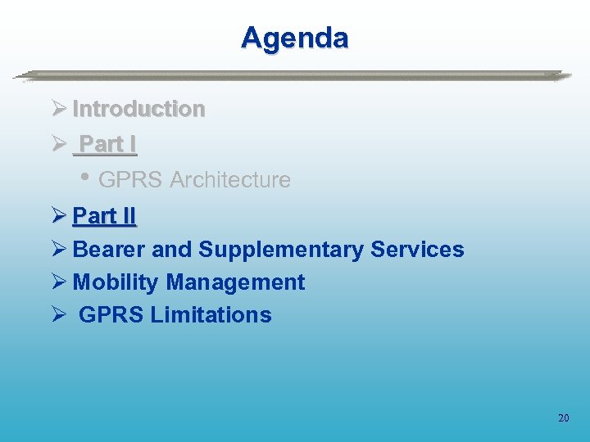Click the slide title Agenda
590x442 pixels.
click(295, 38)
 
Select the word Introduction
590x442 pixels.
click(138, 109)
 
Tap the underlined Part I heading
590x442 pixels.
click(107, 145)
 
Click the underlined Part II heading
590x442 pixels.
click(104, 216)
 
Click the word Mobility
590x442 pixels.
click(116, 282)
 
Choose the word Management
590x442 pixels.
click(235, 282)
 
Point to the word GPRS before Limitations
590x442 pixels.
click(111, 315)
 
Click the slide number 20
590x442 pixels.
click(563, 418)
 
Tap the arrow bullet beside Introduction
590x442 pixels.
click(57, 109)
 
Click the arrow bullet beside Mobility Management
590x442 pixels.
click(57, 282)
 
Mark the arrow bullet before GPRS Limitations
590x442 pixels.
click(57, 315)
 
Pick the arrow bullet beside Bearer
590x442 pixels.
click(57, 250)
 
